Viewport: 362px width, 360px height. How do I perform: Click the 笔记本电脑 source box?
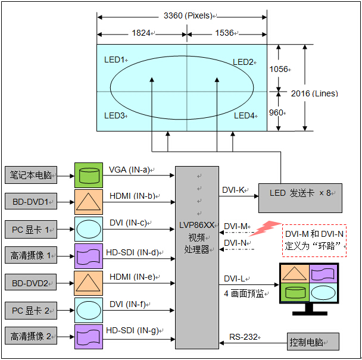pos(31,176)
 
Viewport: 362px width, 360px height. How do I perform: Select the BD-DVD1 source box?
pos(31,202)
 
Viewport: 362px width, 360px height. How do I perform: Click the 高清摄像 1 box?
pos(31,256)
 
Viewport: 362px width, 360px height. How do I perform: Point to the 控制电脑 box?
pos(313,342)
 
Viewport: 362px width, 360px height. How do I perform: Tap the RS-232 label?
pos(244,337)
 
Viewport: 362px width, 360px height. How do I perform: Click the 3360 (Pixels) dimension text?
pos(188,15)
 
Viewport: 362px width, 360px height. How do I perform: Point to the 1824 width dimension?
pos(141,33)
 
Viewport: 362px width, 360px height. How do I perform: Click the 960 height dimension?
pos(277,112)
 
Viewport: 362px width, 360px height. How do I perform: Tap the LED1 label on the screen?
pos(115,60)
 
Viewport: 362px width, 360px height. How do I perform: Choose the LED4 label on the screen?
pos(245,115)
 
